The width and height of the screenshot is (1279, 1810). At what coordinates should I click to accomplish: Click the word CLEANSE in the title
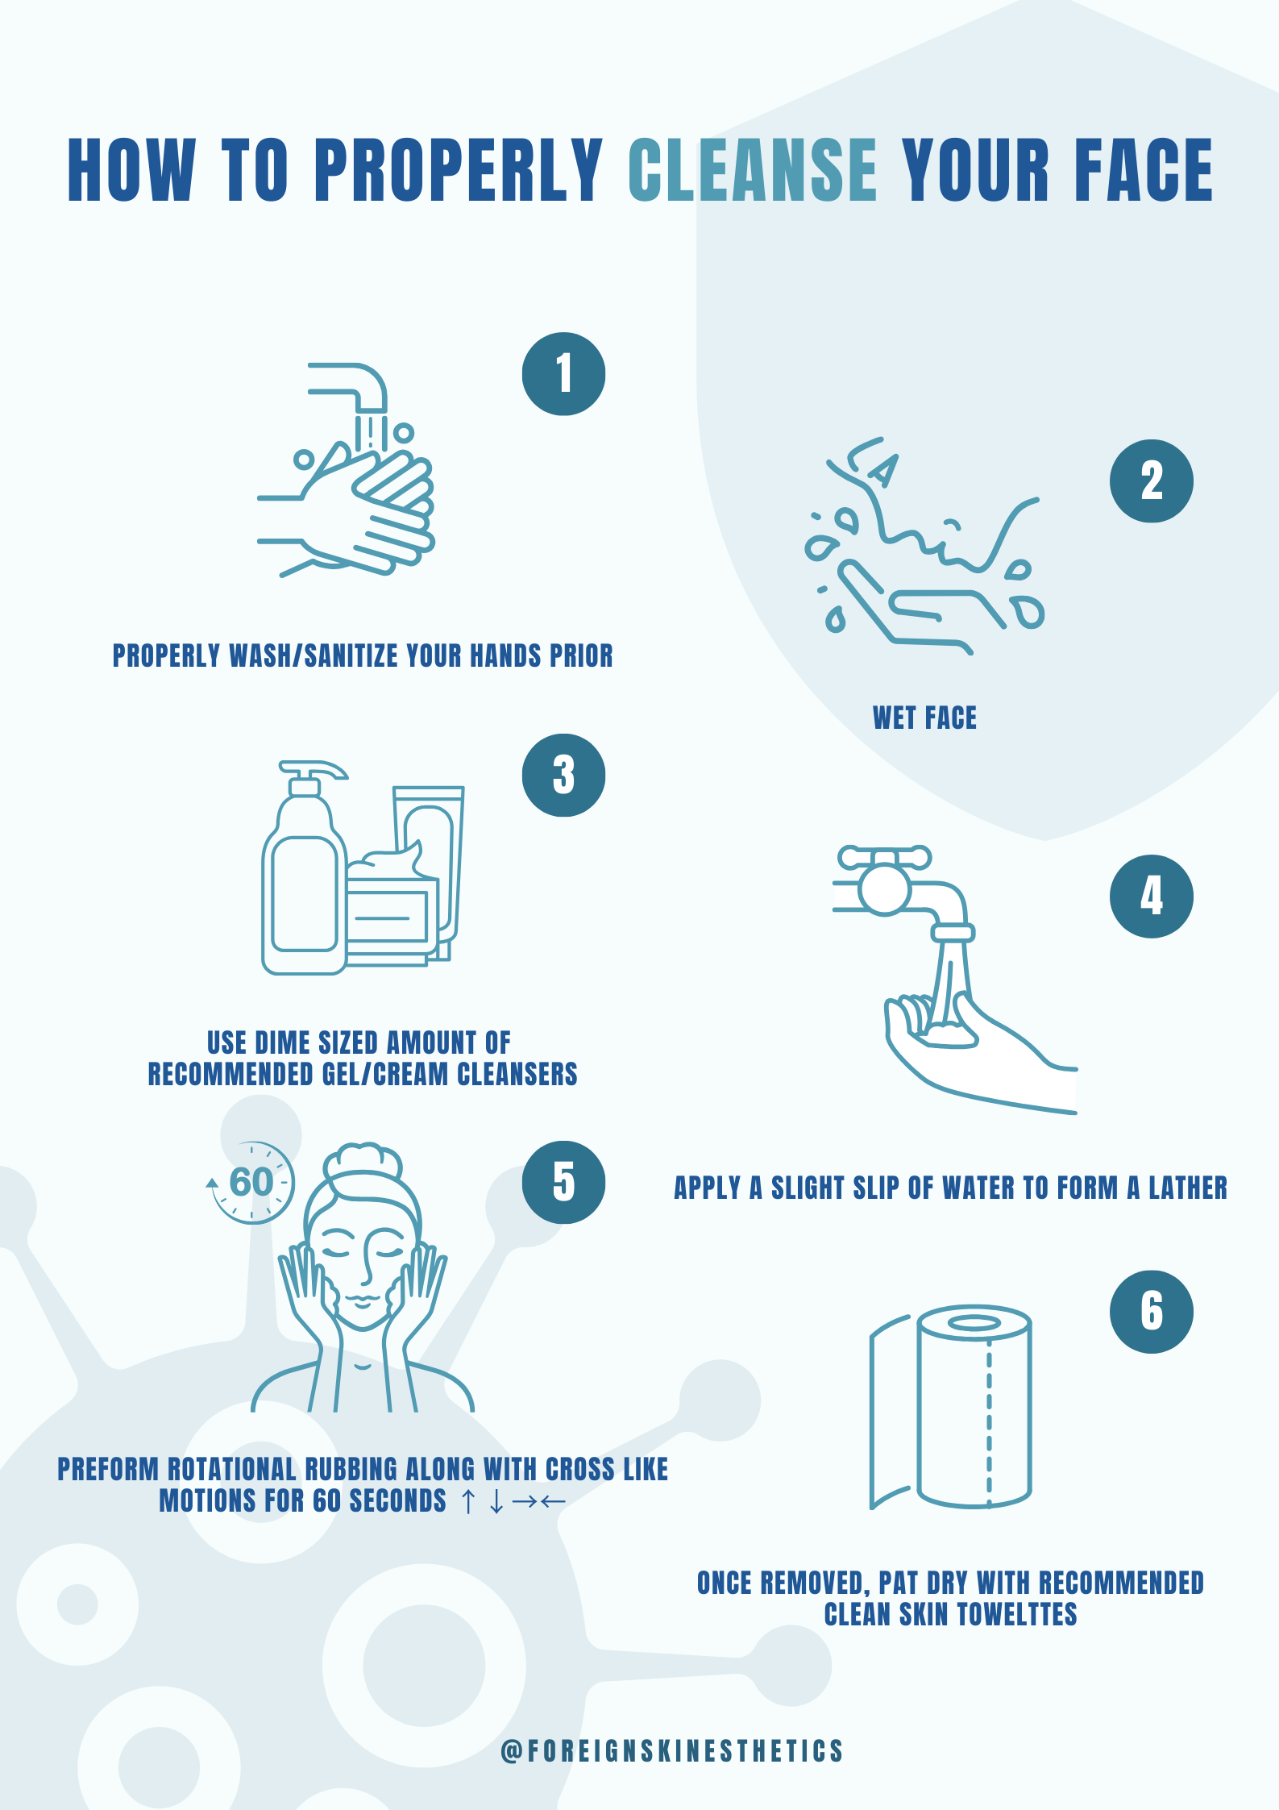pos(752,169)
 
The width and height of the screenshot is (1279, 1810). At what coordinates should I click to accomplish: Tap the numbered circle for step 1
pos(563,374)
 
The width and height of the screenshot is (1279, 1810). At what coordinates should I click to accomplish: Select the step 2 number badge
pos(1151,481)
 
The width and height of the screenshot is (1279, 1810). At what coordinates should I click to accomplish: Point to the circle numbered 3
pos(563,775)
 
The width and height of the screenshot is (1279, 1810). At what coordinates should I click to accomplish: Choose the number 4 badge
pos(1151,896)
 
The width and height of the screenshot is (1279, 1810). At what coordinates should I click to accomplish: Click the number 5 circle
pos(563,1182)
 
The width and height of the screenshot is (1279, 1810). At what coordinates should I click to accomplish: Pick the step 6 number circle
pos(1151,1312)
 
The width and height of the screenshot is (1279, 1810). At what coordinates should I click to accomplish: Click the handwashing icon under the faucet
pos(347,470)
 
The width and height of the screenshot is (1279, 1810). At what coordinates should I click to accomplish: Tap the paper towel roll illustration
pos(951,1407)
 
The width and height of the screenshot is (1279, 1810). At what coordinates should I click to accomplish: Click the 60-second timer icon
pos(250,1183)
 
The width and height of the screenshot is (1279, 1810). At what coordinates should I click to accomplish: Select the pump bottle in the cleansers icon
pos(304,868)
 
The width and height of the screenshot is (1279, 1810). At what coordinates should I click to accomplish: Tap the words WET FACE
pos(924,718)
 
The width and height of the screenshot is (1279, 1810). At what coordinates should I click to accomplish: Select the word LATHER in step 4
pos(1188,1188)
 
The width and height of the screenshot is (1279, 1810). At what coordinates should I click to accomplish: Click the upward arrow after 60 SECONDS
pos(467,1501)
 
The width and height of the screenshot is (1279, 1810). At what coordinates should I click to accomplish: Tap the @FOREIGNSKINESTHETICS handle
pos(671,1750)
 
